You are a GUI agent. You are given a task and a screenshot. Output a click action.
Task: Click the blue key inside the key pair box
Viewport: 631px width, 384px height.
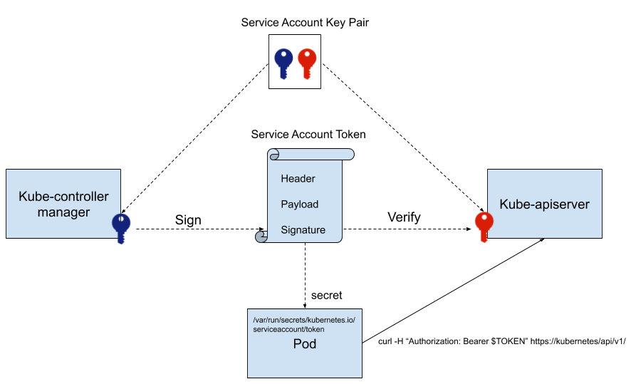point(283,63)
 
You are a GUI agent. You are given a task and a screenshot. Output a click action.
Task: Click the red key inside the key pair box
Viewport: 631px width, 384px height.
point(306,63)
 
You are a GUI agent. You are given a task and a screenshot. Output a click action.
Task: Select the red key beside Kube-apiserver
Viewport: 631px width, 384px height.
point(484,229)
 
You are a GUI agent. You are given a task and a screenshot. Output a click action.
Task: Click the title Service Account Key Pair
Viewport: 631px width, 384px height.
point(305,23)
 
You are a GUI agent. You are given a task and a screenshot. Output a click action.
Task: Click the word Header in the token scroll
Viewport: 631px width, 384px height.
point(298,178)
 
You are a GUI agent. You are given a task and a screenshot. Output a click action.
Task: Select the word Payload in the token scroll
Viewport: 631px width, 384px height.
point(299,204)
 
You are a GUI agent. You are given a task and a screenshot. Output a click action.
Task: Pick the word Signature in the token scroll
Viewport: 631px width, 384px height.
point(303,230)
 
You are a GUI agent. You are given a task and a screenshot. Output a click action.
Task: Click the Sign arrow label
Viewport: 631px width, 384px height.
point(188,220)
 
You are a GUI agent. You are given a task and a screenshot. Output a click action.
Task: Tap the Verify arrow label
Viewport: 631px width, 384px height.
point(404,217)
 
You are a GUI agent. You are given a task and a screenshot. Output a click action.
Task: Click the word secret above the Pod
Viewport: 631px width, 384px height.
point(327,295)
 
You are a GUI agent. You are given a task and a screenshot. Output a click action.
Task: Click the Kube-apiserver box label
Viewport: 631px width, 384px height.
point(544,204)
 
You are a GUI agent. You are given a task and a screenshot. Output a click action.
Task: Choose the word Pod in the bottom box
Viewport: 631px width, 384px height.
point(305,344)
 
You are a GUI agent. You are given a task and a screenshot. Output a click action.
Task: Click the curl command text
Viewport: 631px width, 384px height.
point(501,341)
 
